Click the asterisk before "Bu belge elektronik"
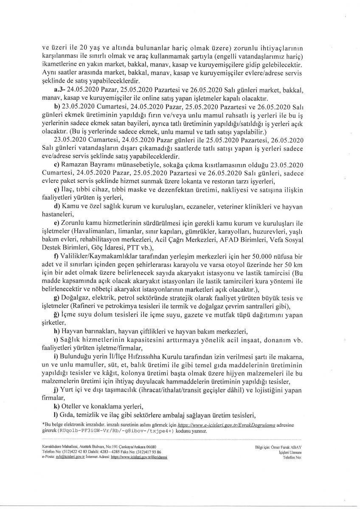(x=43, y=423)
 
